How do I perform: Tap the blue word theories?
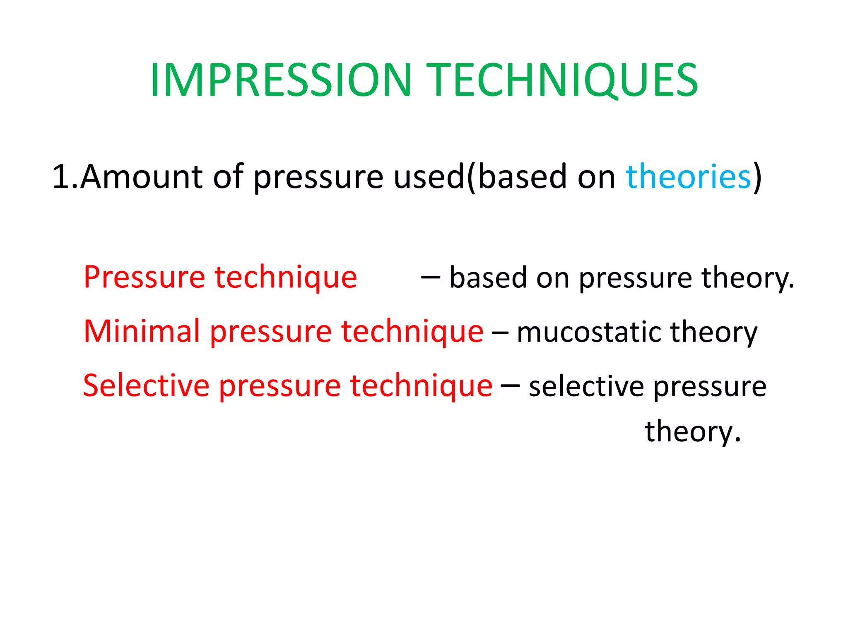688,177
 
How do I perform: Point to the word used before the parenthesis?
429,177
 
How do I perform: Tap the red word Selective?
146,385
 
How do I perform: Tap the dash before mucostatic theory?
500,332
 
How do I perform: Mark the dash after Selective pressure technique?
510,386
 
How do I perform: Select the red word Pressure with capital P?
144,277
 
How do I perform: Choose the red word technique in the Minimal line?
412,332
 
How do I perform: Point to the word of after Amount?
228,177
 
